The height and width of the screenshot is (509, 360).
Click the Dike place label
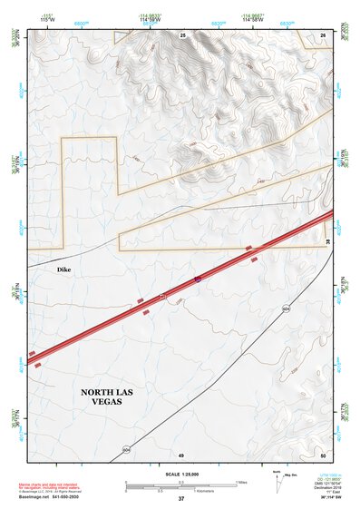click(x=63, y=269)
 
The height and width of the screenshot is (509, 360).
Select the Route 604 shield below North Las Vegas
click(x=126, y=449)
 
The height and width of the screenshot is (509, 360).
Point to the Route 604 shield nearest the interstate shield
click(x=287, y=308)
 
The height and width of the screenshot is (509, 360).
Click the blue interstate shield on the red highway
click(x=197, y=279)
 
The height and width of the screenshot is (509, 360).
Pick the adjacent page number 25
click(x=182, y=34)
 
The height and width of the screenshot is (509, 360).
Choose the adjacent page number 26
click(x=323, y=34)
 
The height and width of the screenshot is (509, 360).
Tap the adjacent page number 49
click(x=180, y=454)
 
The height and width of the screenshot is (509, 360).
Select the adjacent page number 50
click(x=323, y=454)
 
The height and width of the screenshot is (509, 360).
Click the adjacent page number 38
click(x=328, y=240)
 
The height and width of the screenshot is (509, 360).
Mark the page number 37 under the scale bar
click(x=180, y=498)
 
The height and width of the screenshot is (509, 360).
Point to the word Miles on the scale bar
click(x=241, y=482)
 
